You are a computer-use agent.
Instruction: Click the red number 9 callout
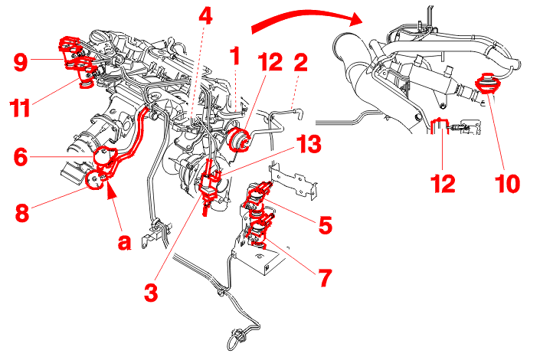pyautogui.click(x=21, y=62)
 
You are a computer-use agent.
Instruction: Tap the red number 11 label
pyautogui.click(x=20, y=107)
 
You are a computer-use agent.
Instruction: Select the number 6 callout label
pyautogui.click(x=21, y=156)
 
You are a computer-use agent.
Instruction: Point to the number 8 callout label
pyautogui.click(x=22, y=212)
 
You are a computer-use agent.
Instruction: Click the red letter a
pyautogui.click(x=125, y=242)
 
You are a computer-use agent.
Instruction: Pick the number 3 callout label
pyautogui.click(x=151, y=293)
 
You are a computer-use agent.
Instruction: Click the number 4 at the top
pyautogui.click(x=205, y=15)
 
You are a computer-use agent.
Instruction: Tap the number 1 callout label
pyautogui.click(x=235, y=56)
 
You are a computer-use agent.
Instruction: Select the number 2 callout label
pyautogui.click(x=300, y=62)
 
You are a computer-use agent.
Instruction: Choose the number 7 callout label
pyautogui.click(x=325, y=277)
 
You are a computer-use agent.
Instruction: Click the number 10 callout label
pyautogui.click(x=507, y=183)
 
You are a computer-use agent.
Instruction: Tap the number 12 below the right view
pyautogui.click(x=443, y=183)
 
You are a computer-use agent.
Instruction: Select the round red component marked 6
pyautogui.click(x=103, y=156)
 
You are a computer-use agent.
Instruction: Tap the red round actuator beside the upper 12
pyautogui.click(x=238, y=139)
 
